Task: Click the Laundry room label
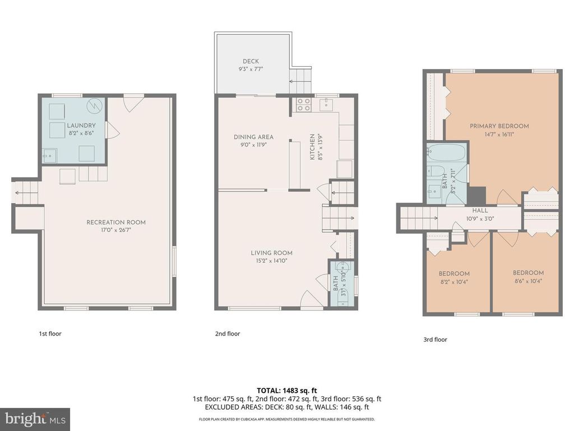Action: tap(81, 126)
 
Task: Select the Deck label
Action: tap(251, 62)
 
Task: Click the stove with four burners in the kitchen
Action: tap(304, 104)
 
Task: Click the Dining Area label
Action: tap(253, 137)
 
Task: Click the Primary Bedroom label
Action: tap(499, 126)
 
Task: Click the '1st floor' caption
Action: tap(50, 334)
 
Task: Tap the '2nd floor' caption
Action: tap(228, 334)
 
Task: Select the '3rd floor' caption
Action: tap(435, 340)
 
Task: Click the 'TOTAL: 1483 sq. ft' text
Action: tap(286, 391)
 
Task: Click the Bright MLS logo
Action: tap(34, 419)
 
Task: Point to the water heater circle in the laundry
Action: tap(96, 104)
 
